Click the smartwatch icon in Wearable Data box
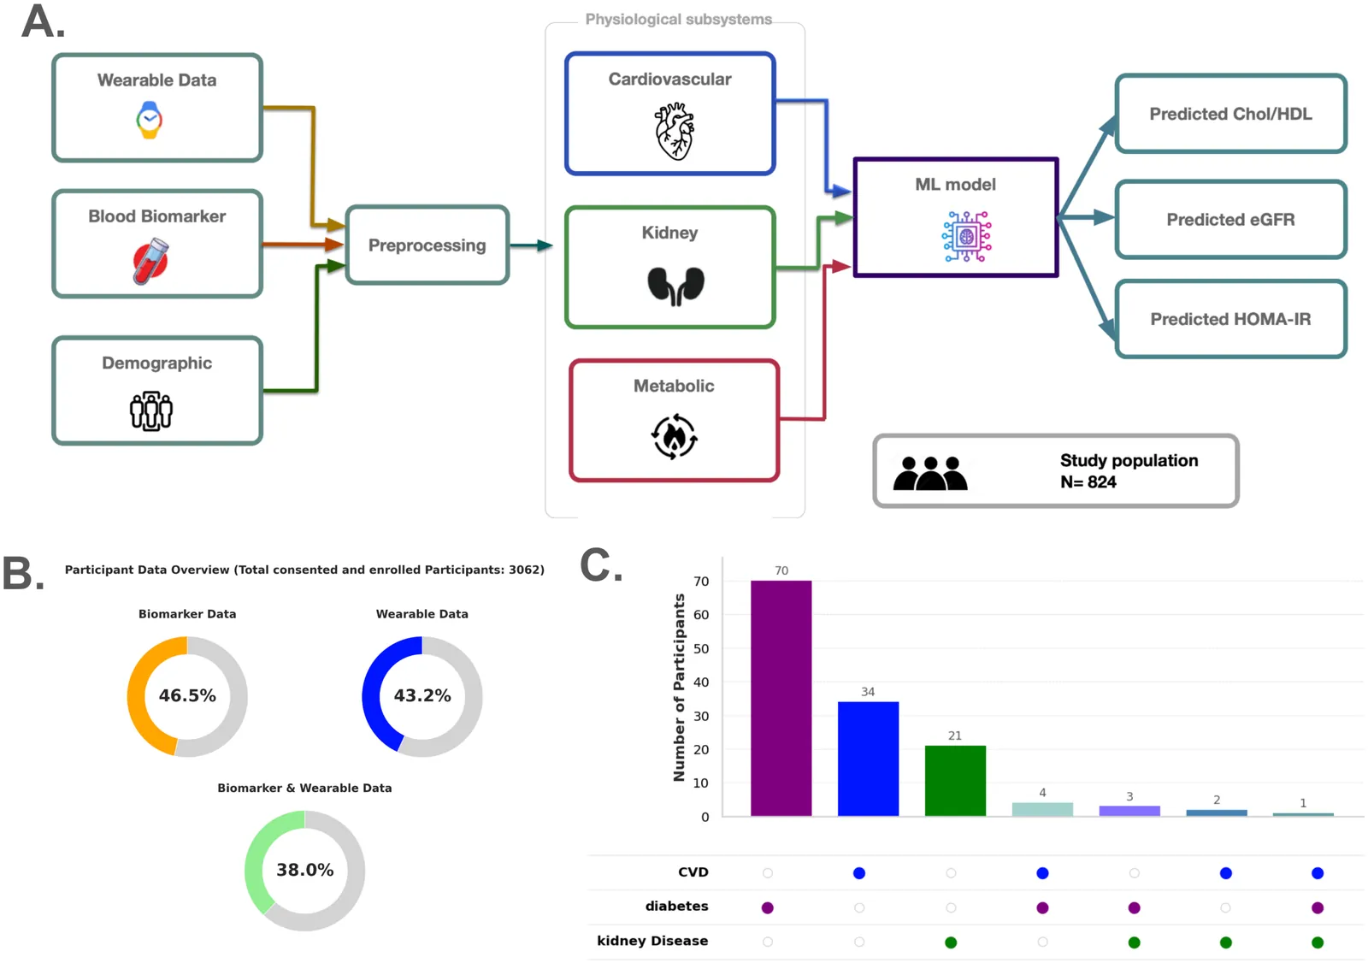(x=150, y=120)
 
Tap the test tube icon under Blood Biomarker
(x=151, y=261)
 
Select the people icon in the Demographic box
(x=151, y=411)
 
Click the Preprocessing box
(x=427, y=245)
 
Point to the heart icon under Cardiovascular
(x=674, y=131)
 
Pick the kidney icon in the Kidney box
(x=675, y=286)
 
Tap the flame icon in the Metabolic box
(x=675, y=436)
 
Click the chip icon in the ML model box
(x=967, y=236)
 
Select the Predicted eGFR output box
(x=1230, y=220)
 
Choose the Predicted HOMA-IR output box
(x=1230, y=319)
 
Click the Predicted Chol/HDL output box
(x=1230, y=114)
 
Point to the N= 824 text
(x=1088, y=482)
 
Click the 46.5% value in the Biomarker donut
(x=187, y=696)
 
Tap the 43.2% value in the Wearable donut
(x=422, y=696)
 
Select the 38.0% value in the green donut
(x=304, y=871)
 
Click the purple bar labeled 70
(x=781, y=698)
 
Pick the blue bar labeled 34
(x=868, y=759)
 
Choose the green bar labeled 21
(x=955, y=781)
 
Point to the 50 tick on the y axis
(x=701, y=649)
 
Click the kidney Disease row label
(x=652, y=942)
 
